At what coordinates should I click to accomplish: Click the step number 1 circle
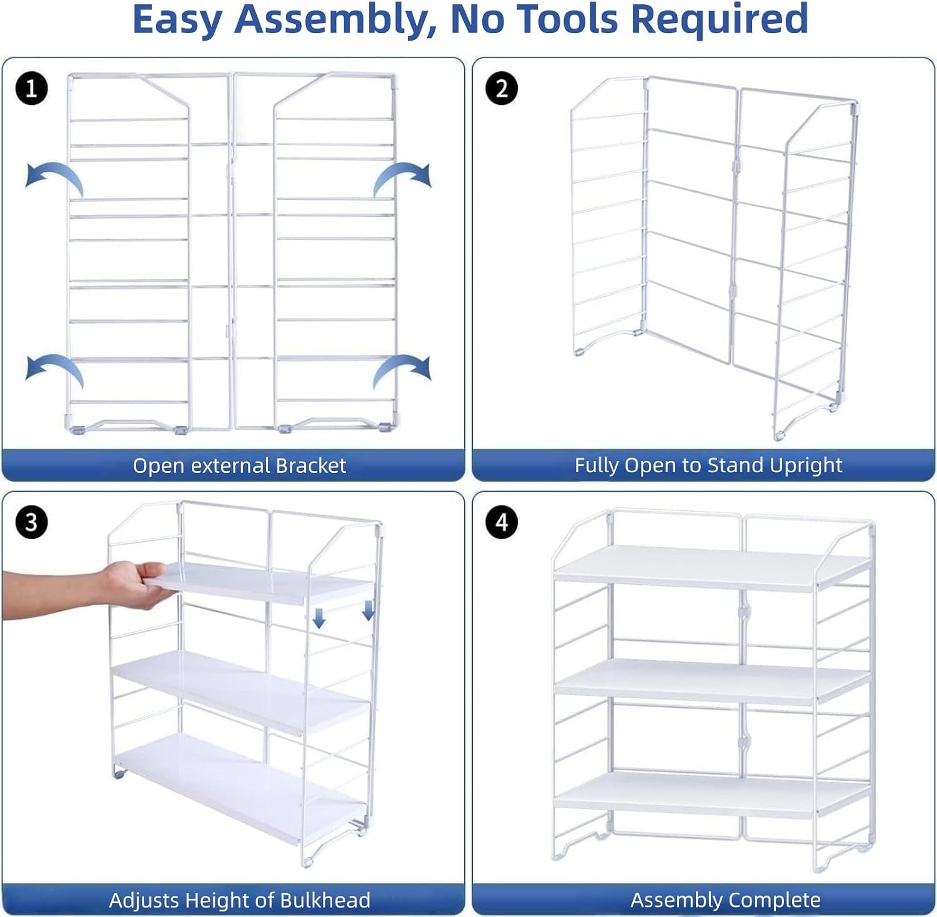pos(31,88)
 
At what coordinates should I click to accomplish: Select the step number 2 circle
pos(502,88)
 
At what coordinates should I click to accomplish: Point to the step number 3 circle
pos(31,522)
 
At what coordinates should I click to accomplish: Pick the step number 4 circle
pos(502,522)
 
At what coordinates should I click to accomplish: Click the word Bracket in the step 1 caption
pos(310,465)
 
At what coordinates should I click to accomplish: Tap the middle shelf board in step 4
pos(712,681)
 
